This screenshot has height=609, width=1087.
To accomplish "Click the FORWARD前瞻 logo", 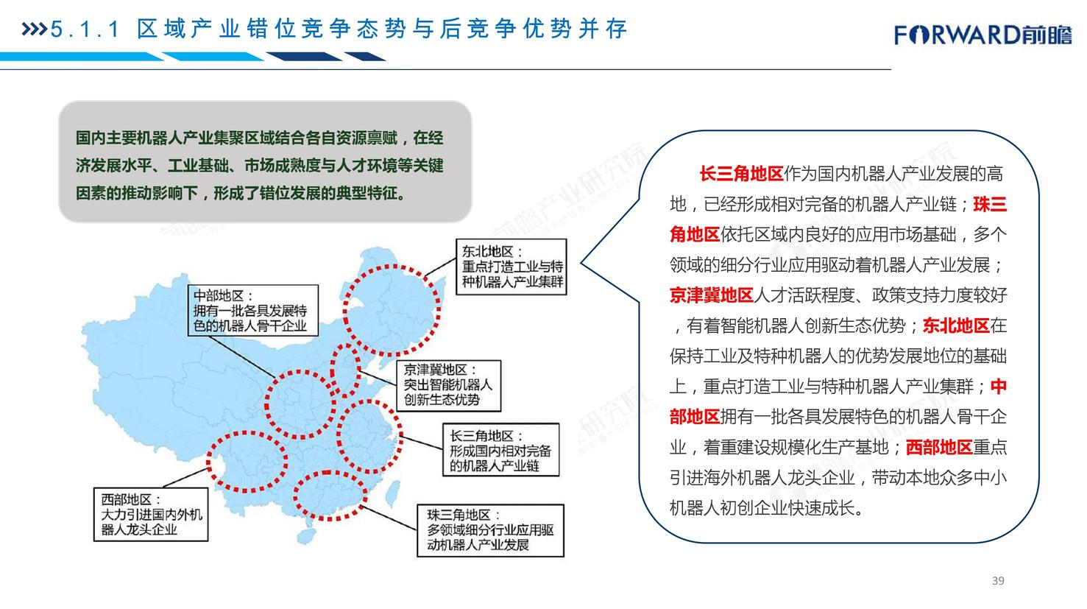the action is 982,35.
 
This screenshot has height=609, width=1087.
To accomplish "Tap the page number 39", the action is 998,580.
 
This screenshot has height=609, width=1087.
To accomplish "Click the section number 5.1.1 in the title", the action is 85,29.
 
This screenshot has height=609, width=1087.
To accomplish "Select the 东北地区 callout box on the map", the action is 511,267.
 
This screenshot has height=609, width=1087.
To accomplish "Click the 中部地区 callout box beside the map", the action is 253,310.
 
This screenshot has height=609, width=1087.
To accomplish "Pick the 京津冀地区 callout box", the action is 449,386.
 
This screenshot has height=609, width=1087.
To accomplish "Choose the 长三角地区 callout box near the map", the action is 500,450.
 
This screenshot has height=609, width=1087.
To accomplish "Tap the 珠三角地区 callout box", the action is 491,530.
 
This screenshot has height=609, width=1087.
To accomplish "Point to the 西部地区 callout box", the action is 151,514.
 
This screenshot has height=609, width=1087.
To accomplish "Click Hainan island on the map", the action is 305,536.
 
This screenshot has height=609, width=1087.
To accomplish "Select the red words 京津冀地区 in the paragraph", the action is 712,295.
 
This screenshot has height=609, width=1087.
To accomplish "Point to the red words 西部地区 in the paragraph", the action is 940,447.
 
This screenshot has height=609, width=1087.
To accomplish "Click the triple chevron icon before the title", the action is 34,29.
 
